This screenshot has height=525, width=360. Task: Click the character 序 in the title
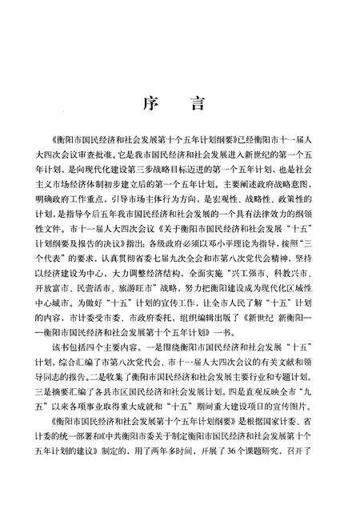coord(150,105)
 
